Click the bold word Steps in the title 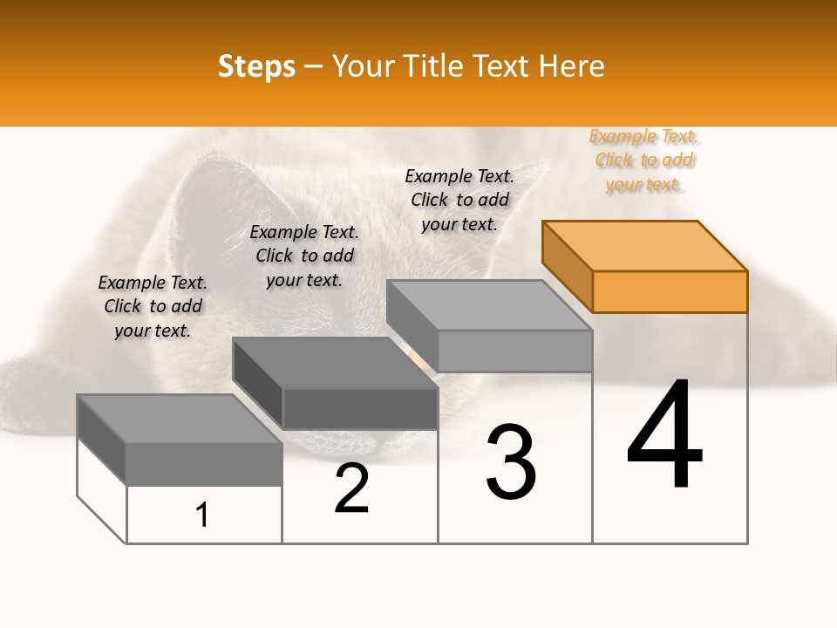256,66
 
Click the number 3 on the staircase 511,462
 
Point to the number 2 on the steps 352,488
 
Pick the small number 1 202,515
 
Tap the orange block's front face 670,291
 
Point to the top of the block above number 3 489,305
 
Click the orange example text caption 644,160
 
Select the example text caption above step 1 153,306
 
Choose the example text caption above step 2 304,256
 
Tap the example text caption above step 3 459,200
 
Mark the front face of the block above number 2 360,408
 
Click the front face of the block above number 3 514,351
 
